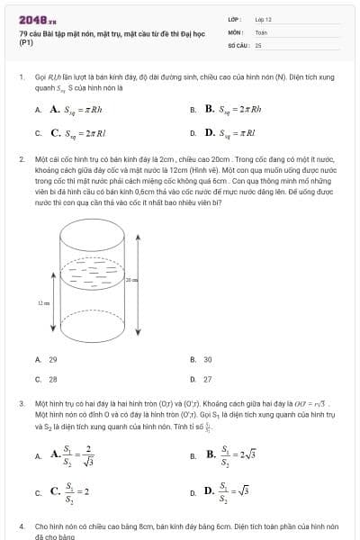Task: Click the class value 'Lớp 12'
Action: [x=263, y=18]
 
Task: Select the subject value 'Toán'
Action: [x=261, y=31]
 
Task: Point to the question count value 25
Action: [x=258, y=43]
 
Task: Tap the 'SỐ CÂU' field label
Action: [x=238, y=43]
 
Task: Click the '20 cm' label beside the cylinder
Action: [x=131, y=280]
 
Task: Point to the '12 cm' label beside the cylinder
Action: [x=42, y=303]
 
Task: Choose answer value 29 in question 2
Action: [x=53, y=359]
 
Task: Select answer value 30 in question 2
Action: [x=208, y=359]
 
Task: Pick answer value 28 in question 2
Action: [x=53, y=380]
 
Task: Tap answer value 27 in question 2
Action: [x=208, y=380]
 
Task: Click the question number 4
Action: [x=21, y=524]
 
